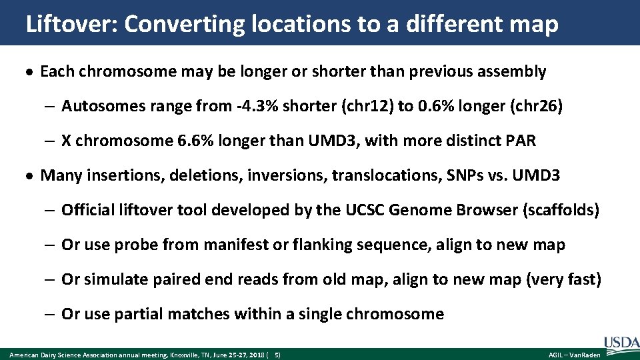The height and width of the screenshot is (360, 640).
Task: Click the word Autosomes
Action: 97,106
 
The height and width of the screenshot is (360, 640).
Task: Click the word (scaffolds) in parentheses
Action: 561,211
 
